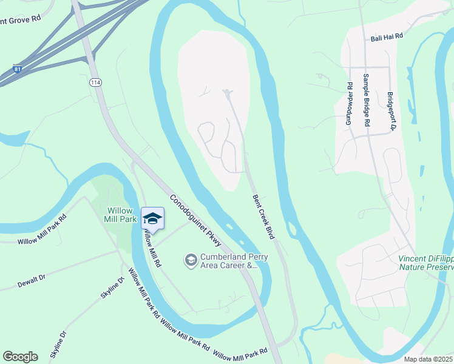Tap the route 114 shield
pos(95,83)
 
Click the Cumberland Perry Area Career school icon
pos(191,260)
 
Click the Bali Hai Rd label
pos(387,37)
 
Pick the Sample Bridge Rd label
pos(366,100)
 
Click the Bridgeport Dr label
pos(391,112)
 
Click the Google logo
pos(20,356)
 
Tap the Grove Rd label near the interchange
pos(21,19)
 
